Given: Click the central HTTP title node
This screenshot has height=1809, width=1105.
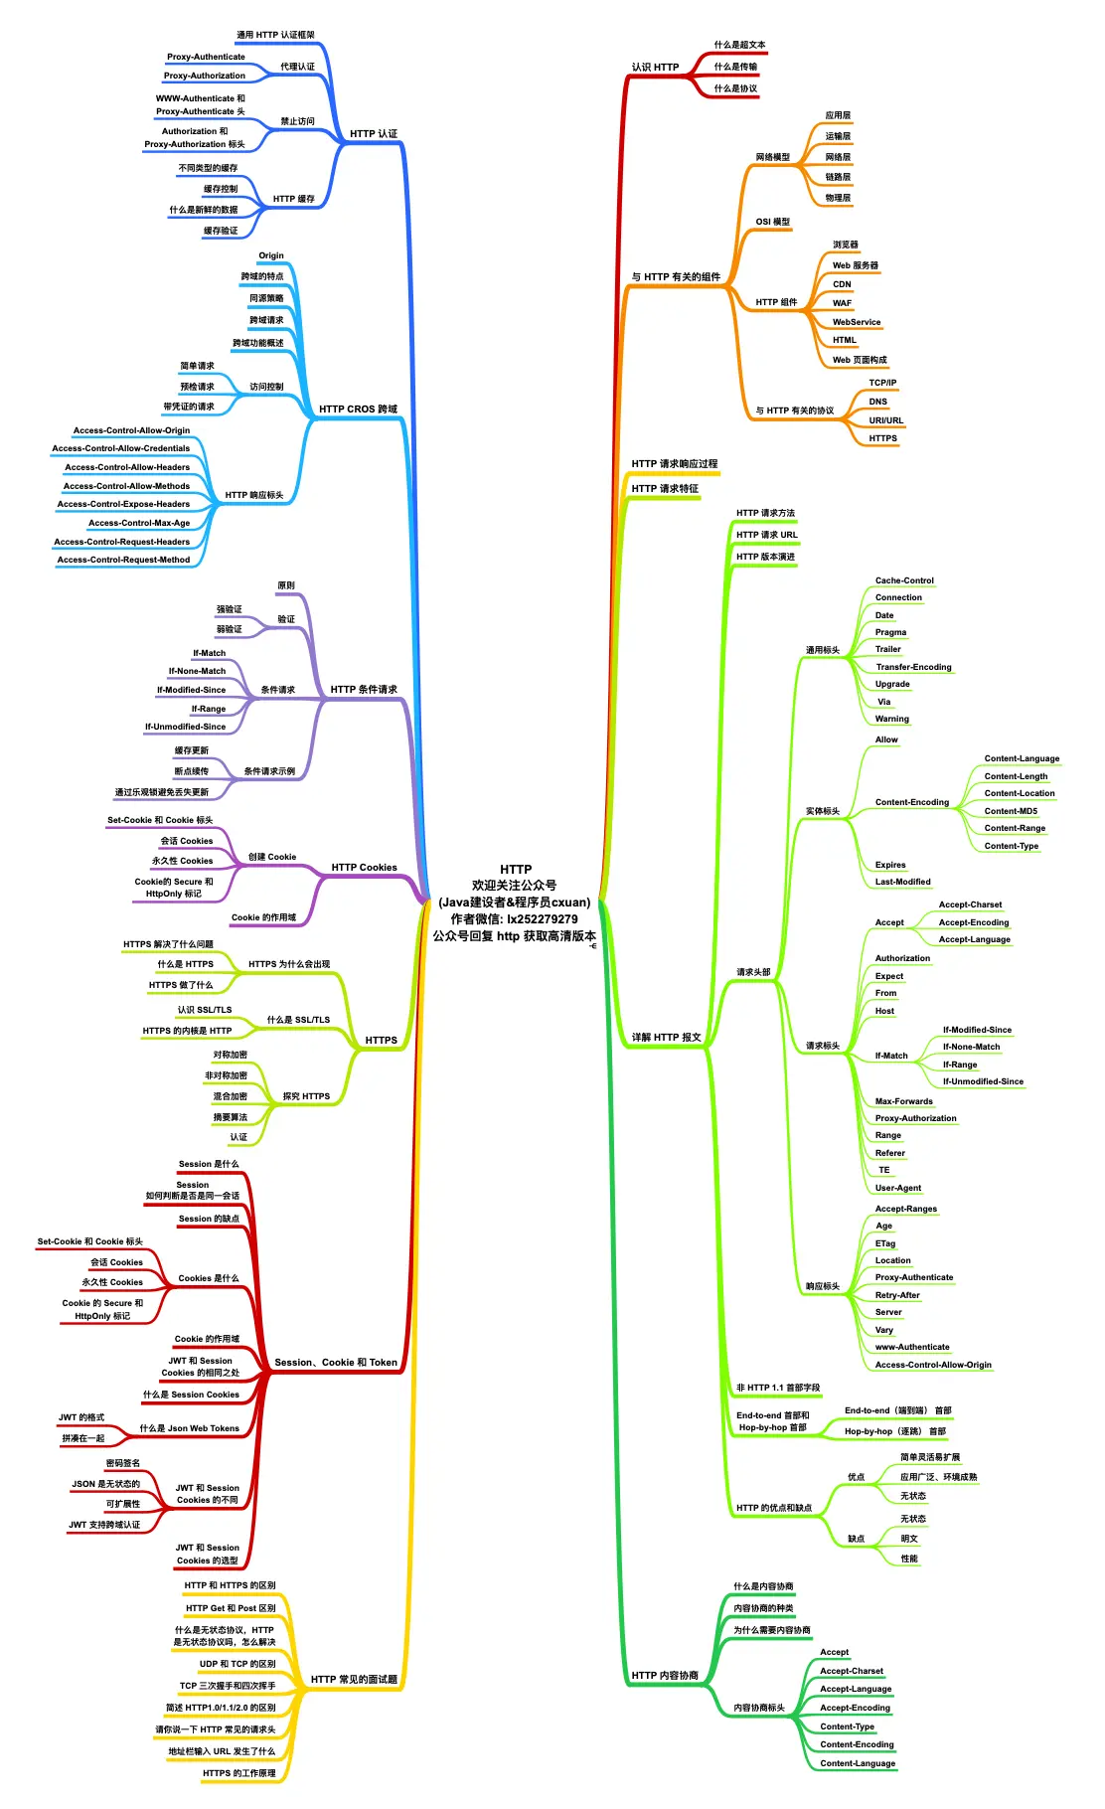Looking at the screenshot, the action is [x=515, y=870].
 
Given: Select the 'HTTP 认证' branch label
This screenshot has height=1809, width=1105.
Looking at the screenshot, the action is [x=373, y=134].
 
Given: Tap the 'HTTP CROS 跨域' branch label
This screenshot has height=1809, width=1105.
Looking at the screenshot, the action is [x=358, y=410].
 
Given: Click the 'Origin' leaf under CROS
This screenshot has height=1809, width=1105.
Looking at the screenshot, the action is [x=271, y=256].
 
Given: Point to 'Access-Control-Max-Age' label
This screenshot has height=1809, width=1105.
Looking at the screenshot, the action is [x=139, y=524].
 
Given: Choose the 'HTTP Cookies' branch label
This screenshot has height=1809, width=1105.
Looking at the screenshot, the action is [x=364, y=868].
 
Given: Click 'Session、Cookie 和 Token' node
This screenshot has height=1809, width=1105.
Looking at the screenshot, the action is [x=336, y=1363].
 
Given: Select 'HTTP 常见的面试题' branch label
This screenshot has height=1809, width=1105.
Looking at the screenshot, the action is [x=354, y=1680].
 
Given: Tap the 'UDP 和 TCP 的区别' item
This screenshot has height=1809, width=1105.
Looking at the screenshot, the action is [x=237, y=1664].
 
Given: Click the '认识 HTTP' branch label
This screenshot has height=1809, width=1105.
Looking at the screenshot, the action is [x=655, y=68].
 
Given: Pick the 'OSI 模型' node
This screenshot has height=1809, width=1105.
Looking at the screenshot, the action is [x=772, y=223].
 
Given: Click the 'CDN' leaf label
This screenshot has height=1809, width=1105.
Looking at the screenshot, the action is [x=842, y=284].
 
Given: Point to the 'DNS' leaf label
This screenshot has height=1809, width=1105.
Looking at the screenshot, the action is [x=877, y=403].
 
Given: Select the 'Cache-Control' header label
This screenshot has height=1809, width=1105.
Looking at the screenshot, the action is [x=904, y=581].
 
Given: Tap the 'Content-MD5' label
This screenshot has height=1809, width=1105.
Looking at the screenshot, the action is [x=1011, y=812].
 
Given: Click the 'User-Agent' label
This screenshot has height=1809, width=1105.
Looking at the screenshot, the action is [x=897, y=1189].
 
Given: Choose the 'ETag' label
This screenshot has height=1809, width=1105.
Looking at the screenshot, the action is [x=885, y=1244].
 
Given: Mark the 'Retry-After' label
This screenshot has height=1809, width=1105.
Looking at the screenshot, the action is [x=897, y=1296].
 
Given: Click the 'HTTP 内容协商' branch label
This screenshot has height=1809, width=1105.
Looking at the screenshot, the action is [x=665, y=1676].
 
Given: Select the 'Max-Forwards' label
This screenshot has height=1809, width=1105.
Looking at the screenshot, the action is [x=903, y=1102].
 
